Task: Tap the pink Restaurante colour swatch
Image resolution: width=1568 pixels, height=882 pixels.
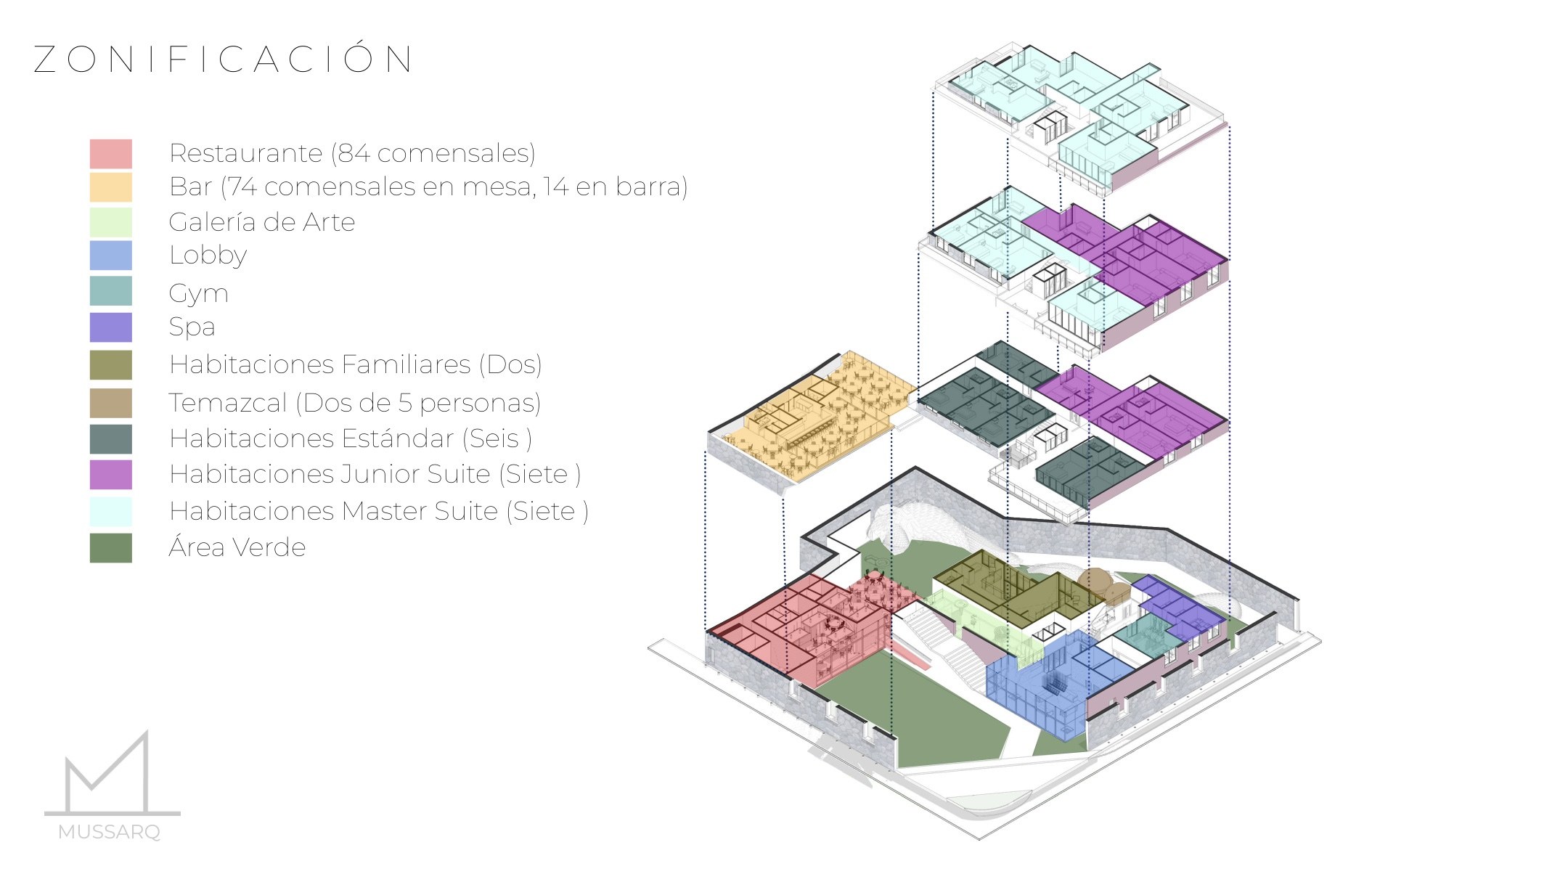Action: [x=111, y=154]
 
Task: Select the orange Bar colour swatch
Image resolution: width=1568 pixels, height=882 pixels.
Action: [x=111, y=187]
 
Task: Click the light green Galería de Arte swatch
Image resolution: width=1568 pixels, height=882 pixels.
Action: [x=111, y=222]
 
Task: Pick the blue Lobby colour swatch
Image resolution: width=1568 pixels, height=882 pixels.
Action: [x=111, y=256]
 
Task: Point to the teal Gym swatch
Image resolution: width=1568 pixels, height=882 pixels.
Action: [x=111, y=291]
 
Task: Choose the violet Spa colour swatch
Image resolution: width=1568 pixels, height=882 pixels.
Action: [x=111, y=327]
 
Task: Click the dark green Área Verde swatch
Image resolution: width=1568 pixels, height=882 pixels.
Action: [x=111, y=548]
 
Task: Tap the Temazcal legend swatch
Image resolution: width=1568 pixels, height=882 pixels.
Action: [x=111, y=404]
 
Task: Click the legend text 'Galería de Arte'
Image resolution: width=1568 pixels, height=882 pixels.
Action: [x=262, y=222]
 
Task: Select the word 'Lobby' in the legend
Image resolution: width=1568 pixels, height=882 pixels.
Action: [x=208, y=256]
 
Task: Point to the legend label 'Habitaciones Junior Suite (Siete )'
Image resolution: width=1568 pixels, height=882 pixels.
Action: [x=375, y=475]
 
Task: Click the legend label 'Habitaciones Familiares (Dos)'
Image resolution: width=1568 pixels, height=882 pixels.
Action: [x=356, y=364]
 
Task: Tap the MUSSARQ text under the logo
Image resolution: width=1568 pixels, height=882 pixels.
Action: [x=110, y=832]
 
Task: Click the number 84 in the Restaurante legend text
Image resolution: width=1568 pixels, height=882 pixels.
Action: [x=354, y=153]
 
